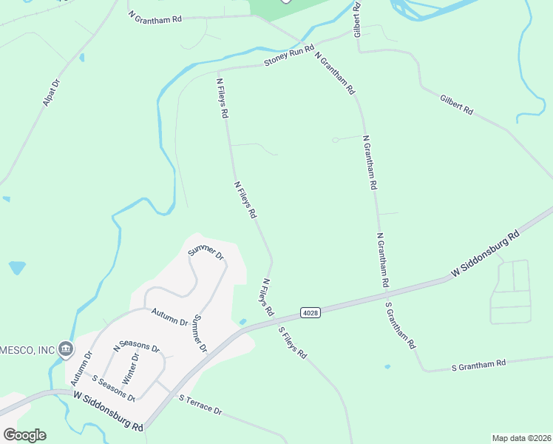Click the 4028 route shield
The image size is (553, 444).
(x=311, y=314)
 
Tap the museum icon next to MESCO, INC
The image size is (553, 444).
(x=66, y=348)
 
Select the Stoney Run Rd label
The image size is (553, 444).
(x=289, y=56)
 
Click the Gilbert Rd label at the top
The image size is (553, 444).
(x=357, y=20)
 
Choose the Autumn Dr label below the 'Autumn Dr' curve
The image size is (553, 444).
(x=169, y=317)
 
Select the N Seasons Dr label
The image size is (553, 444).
(x=136, y=346)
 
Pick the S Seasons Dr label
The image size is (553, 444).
(x=113, y=387)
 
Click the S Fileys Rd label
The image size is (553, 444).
(x=292, y=343)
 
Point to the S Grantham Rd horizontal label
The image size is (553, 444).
(x=478, y=364)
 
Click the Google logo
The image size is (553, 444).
(x=24, y=435)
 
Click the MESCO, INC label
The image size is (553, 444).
(x=29, y=349)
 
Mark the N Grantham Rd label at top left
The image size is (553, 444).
(x=155, y=16)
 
